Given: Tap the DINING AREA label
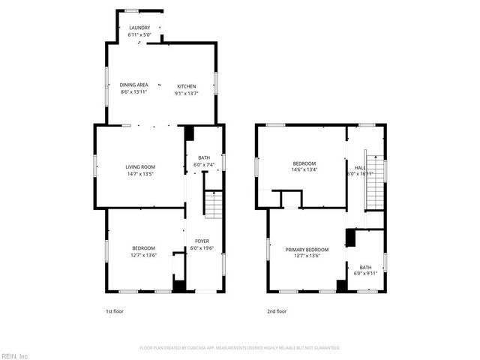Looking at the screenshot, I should [x=133, y=85].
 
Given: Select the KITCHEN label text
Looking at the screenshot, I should [x=186, y=85].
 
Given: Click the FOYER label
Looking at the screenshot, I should [x=202, y=241].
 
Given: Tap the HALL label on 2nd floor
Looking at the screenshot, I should [x=360, y=167].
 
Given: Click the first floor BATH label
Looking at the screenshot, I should [x=203, y=158].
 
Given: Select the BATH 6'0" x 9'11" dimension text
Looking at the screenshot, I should [x=365, y=274].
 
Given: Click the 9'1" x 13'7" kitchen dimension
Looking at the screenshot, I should [x=186, y=92].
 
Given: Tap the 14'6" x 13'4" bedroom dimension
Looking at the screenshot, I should [x=304, y=169].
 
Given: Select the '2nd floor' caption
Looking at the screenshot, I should [x=277, y=310].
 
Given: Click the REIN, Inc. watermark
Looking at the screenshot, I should [x=15, y=355].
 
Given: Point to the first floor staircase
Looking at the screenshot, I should [x=214, y=204].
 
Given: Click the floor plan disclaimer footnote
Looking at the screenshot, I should [x=240, y=348].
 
